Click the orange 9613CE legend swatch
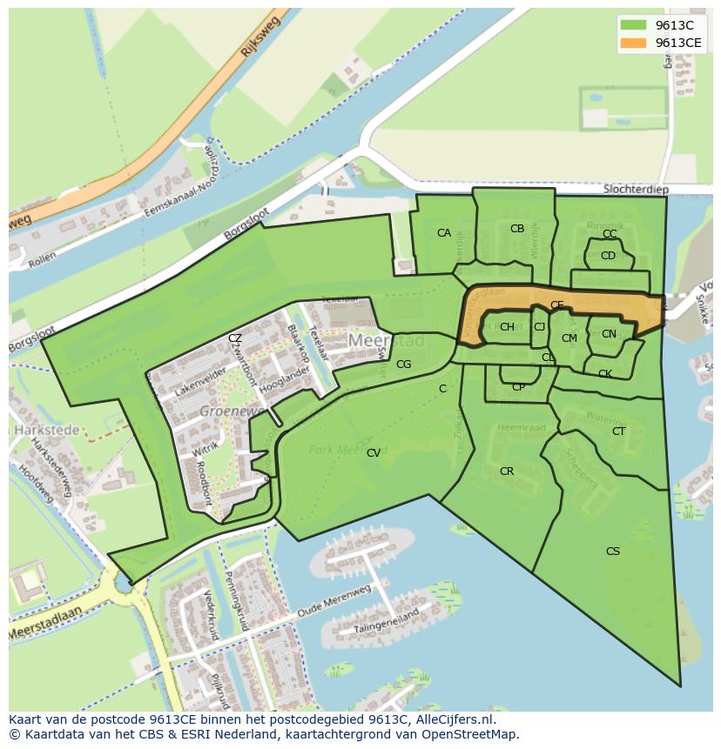[x=634, y=43]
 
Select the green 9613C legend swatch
[x=634, y=25]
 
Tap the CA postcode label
[x=444, y=233]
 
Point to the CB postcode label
[x=517, y=229]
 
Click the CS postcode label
[x=613, y=552]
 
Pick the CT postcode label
[x=619, y=431]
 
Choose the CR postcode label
[x=507, y=471]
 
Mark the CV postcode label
[x=374, y=453]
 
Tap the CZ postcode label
[x=235, y=338]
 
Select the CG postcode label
[x=403, y=364]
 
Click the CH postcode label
[x=507, y=327]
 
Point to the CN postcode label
[x=609, y=334]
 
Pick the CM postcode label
[x=569, y=338]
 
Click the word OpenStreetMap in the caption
[x=466, y=734]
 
